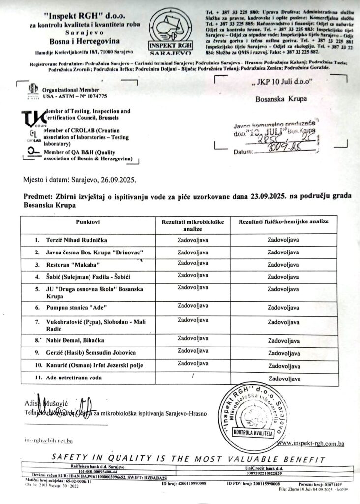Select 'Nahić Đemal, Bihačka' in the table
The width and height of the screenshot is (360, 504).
[x=70, y=340]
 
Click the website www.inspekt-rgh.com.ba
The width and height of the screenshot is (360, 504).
[x=310, y=443]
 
